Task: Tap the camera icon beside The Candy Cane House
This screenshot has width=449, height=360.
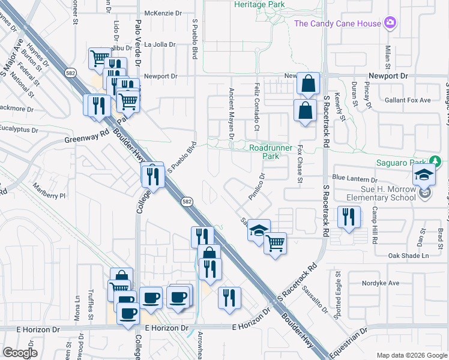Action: [x=391, y=23]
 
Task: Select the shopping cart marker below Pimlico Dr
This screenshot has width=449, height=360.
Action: [x=275, y=244]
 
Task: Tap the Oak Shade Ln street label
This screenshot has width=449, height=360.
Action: [x=409, y=256]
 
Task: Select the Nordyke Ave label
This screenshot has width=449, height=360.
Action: [x=381, y=283]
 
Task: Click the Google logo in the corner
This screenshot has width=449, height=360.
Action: [x=20, y=353]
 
